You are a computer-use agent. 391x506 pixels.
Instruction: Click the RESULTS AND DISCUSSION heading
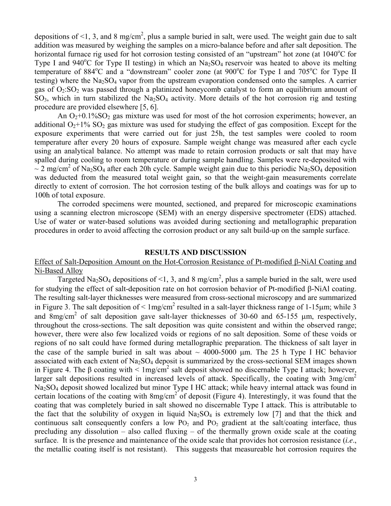(x=195, y=253)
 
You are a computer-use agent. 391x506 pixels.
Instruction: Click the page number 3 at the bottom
(x=195, y=478)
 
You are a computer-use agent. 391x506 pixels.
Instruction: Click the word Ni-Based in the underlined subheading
(x=47, y=270)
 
